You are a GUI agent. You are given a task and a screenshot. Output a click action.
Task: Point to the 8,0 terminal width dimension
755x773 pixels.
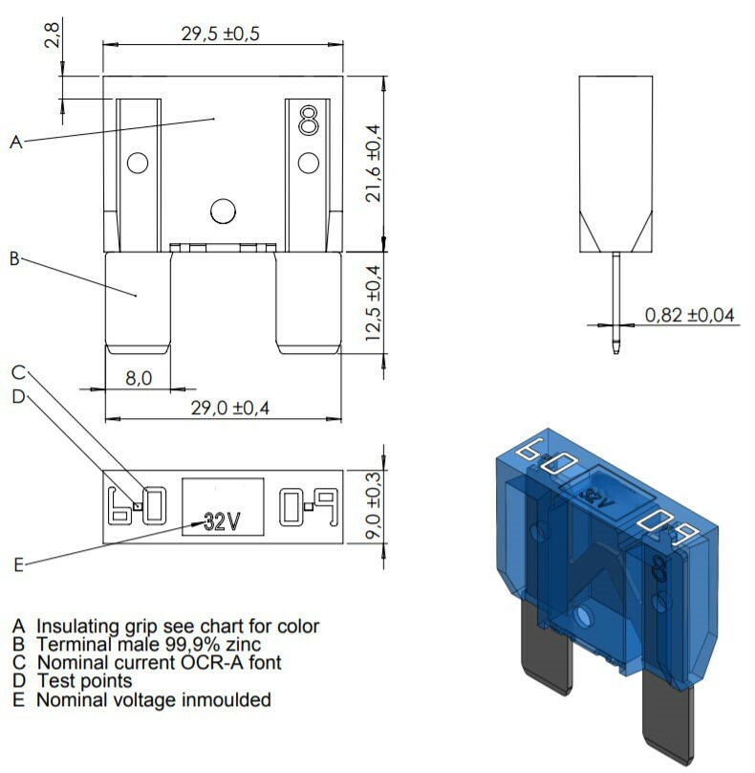(x=139, y=378)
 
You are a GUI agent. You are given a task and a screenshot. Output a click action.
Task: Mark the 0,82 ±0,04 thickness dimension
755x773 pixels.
(x=690, y=314)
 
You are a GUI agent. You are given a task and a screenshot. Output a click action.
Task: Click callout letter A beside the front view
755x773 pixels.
(x=15, y=143)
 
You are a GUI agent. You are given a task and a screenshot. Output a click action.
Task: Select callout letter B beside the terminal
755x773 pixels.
(x=15, y=258)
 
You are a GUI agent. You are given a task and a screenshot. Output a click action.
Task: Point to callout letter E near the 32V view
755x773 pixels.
(x=17, y=564)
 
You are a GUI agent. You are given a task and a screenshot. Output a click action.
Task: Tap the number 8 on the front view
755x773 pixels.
(x=308, y=121)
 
